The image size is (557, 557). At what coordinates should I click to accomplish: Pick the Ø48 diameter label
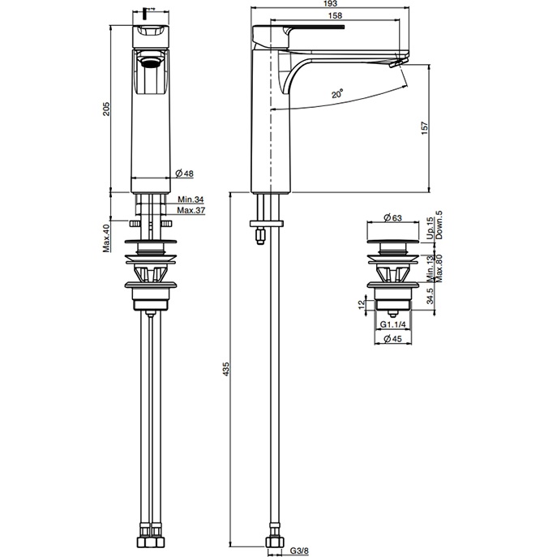tap(184, 173)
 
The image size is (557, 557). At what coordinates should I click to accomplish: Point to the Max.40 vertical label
tap(105, 238)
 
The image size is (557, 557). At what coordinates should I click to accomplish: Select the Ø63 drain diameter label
tap(393, 218)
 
